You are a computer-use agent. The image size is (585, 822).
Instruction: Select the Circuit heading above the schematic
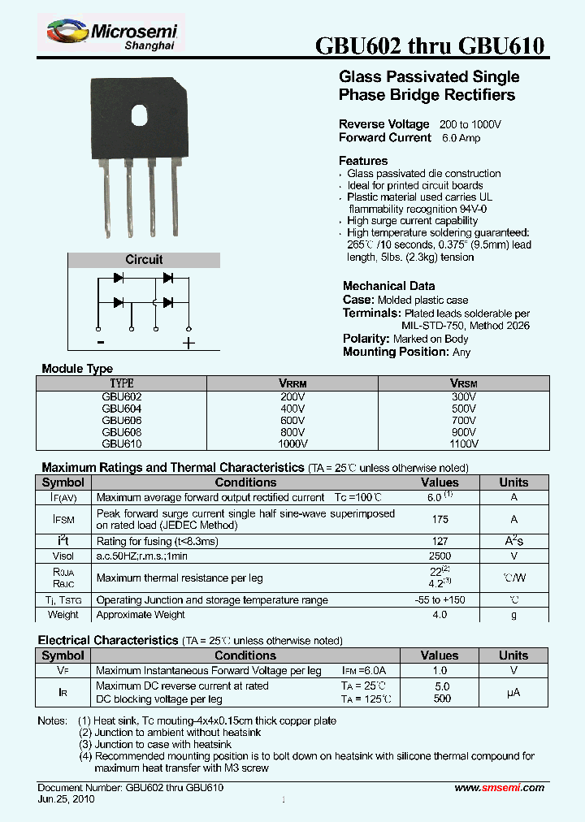[144, 260]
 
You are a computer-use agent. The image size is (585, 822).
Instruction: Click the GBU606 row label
[122, 421]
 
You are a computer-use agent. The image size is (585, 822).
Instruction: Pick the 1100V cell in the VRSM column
[463, 444]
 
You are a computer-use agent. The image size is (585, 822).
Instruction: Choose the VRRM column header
[292, 383]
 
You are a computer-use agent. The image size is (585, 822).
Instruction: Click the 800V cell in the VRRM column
[292, 433]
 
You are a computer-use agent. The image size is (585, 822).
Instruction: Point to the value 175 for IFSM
[440, 519]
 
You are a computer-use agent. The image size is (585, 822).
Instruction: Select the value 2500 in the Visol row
[440, 556]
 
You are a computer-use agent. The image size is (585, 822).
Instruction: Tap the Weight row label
[63, 615]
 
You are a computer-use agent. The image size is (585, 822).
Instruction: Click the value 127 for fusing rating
[440, 542]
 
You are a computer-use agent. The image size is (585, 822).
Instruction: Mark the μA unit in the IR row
[513, 692]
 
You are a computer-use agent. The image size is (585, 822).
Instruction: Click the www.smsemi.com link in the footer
[499, 788]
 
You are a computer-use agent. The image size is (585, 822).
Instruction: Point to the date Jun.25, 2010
[67, 799]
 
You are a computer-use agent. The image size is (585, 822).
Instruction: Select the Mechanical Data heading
[388, 286]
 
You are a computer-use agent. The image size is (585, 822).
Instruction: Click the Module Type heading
[77, 369]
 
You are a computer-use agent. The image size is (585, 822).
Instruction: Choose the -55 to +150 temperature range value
[440, 600]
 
